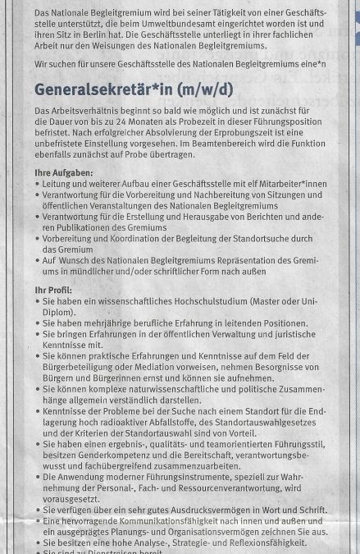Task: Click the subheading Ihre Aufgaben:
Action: click(64, 173)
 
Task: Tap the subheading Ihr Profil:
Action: click(53, 290)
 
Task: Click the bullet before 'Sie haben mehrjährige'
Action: click(39, 323)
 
